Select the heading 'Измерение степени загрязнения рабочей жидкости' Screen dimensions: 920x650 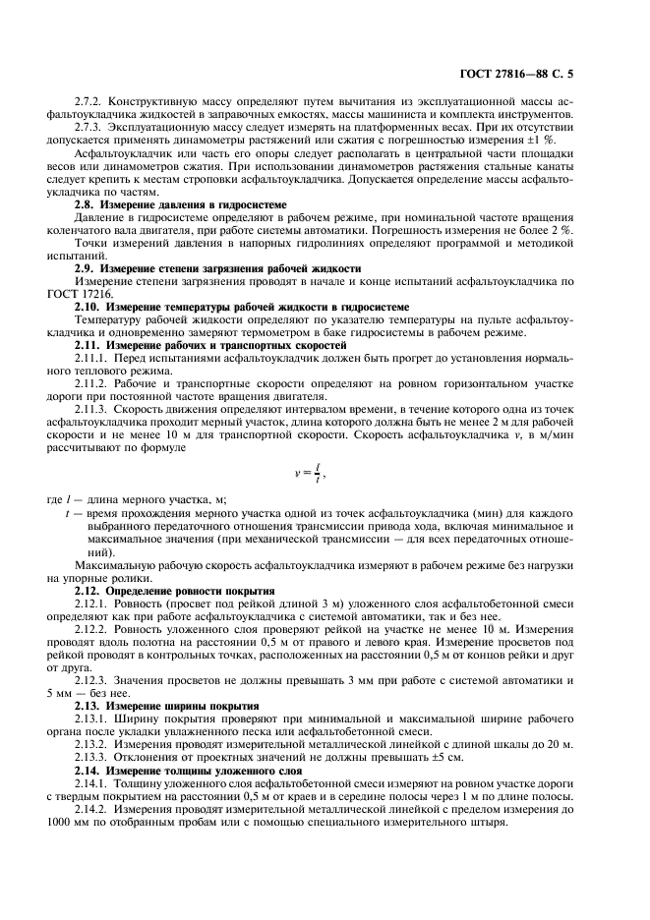pyautogui.click(x=224, y=267)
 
